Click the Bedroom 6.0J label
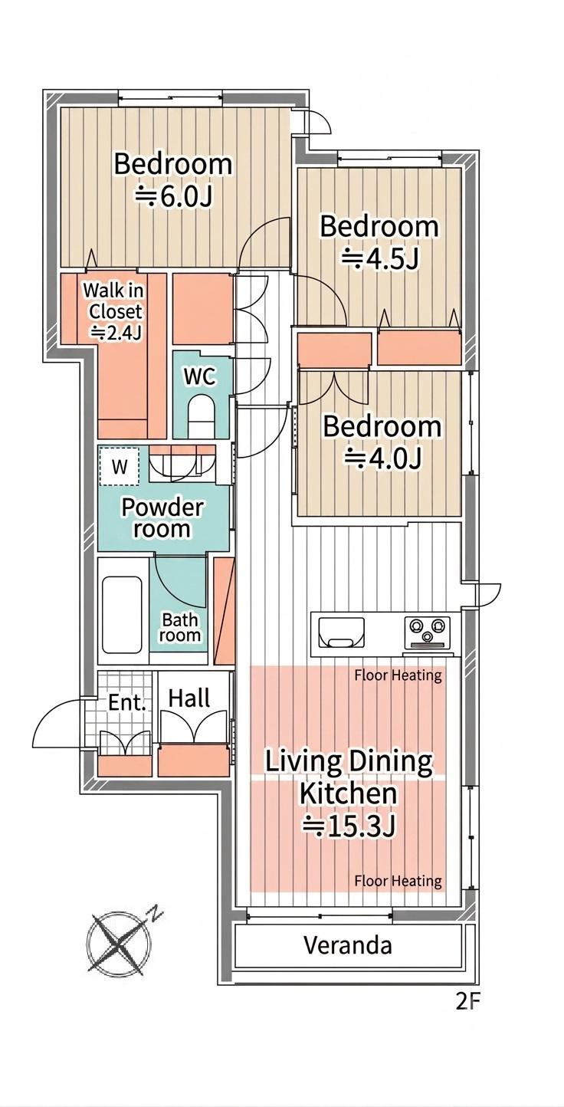173,180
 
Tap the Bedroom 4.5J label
379,242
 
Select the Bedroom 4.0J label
382,442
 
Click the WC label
200,376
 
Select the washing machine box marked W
119,466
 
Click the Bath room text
180,627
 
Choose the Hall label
189,698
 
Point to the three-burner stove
427,632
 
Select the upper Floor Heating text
398,675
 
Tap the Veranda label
348,945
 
